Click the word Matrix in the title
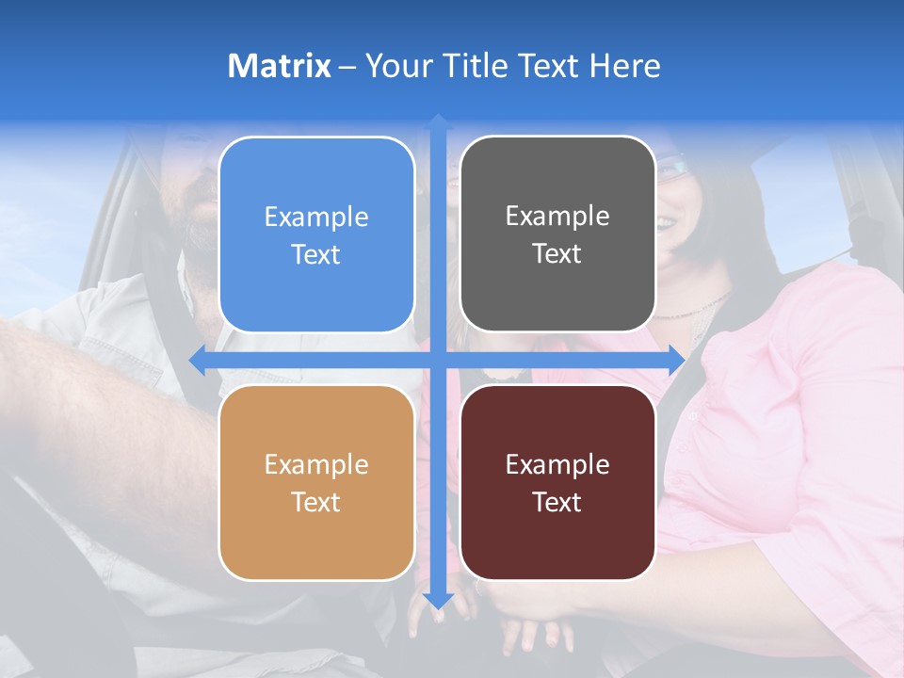pos(280,66)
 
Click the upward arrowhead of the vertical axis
pos(437,121)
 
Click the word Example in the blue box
pos(316,218)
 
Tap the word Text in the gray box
pos(557,253)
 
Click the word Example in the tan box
pos(316,464)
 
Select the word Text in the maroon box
pos(557,502)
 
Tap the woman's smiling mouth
pos(667,223)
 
